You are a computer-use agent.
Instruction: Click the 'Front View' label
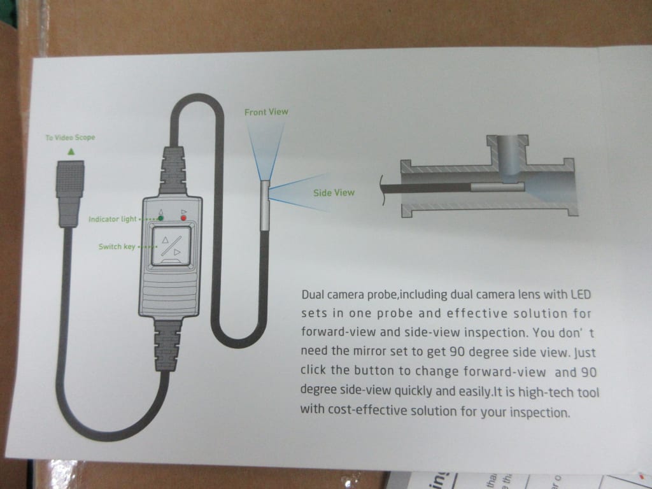pos(266,112)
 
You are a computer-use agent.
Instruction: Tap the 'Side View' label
pos(334,192)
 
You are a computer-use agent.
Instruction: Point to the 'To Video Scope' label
pos(70,138)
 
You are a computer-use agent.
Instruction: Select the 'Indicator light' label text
pos(112,219)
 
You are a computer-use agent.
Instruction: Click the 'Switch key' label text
pos(117,246)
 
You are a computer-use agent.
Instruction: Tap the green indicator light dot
pos(161,218)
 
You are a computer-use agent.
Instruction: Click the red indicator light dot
pos(183,218)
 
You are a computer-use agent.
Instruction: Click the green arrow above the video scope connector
pos(71,152)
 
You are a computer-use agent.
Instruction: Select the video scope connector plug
pos(70,194)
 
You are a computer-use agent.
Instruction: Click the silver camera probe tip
pos(264,205)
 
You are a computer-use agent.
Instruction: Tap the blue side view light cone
pos(297,192)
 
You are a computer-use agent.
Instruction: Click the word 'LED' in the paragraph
pos(581,294)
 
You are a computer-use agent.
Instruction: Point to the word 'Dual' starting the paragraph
pos(312,294)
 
